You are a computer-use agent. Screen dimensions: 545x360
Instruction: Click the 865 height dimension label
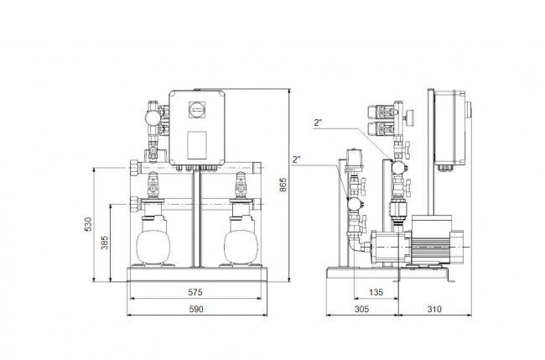[x=283, y=185]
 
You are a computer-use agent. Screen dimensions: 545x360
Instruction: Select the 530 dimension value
[x=88, y=224]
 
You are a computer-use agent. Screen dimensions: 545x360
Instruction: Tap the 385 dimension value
[x=105, y=243]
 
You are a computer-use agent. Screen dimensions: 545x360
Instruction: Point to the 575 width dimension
[x=195, y=292]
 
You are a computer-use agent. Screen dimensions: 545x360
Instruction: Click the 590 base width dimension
[x=196, y=309]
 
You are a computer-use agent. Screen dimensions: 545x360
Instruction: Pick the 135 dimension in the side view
[x=376, y=292]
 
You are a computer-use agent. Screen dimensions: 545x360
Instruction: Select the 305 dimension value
[x=361, y=309]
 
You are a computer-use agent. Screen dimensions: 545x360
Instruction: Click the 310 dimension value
[x=434, y=309]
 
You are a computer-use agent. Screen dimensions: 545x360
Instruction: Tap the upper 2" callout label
[x=318, y=123]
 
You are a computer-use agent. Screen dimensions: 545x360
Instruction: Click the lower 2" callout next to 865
[x=296, y=159]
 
